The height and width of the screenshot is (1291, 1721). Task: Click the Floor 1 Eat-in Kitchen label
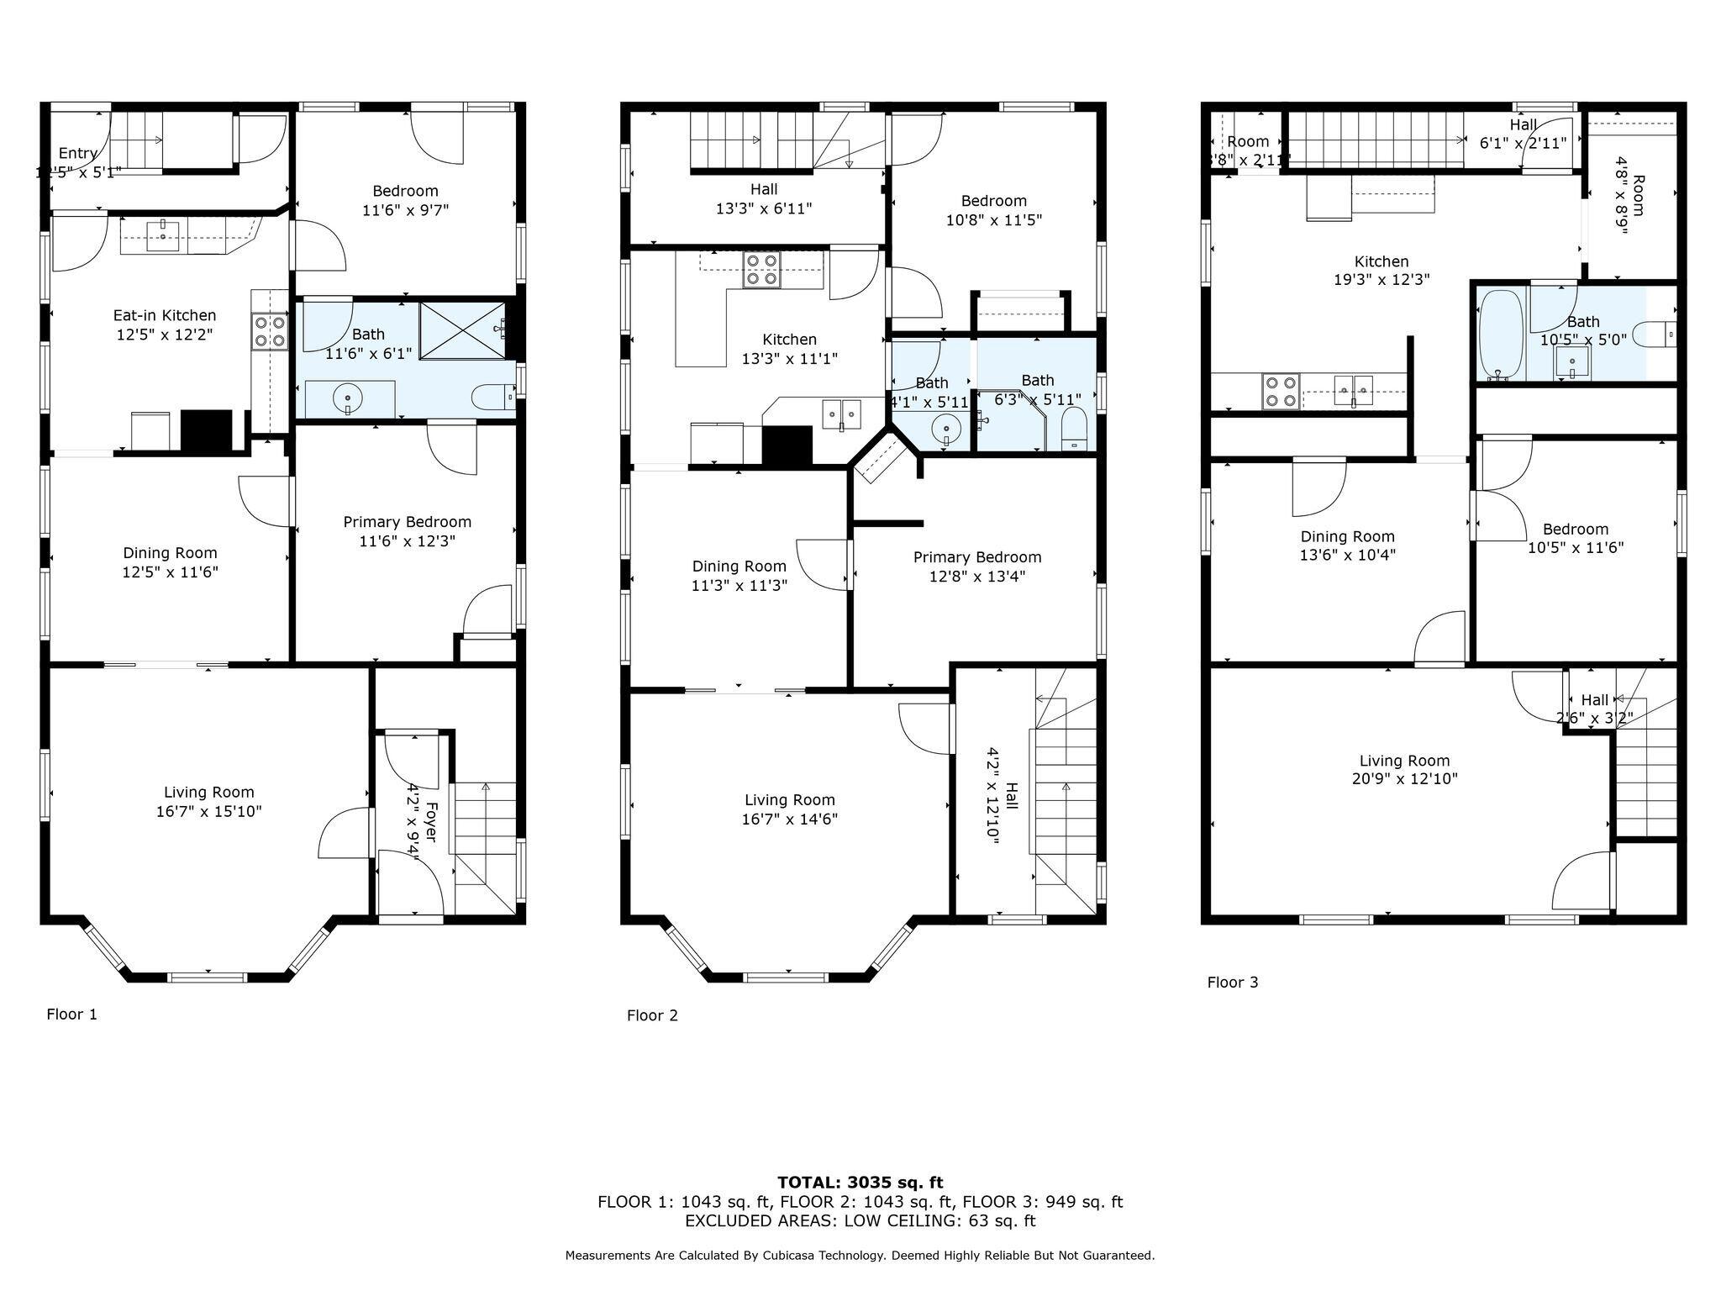click(x=165, y=315)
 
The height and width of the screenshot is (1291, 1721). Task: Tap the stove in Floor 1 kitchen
click(x=271, y=330)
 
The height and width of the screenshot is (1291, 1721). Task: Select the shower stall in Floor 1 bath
click(x=462, y=330)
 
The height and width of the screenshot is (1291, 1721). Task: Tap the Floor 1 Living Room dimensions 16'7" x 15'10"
click(x=209, y=811)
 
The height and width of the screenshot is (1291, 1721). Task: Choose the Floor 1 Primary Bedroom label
click(x=407, y=522)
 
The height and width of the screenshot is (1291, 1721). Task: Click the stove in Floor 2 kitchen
click(x=761, y=269)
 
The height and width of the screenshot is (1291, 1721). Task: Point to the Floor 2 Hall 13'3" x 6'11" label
click(x=764, y=198)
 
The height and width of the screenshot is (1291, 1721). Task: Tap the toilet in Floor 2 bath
click(x=1074, y=430)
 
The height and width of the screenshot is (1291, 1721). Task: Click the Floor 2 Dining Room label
click(x=739, y=566)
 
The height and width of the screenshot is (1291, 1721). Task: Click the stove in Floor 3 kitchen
click(x=1280, y=392)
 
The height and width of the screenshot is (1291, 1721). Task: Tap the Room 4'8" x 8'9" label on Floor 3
click(x=1630, y=205)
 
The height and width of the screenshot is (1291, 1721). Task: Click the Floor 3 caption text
click(x=1232, y=982)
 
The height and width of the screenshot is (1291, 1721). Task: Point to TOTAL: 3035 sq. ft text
click(x=860, y=1183)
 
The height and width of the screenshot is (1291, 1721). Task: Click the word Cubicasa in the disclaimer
click(x=792, y=1256)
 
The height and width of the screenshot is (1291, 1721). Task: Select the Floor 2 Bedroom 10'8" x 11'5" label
click(x=994, y=210)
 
